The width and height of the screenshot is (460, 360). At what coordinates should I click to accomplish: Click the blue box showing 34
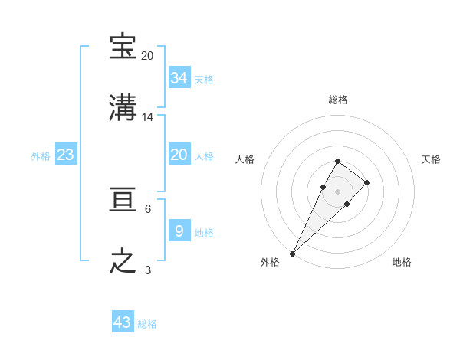(179, 77)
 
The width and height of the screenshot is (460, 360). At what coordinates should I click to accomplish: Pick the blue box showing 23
(65, 155)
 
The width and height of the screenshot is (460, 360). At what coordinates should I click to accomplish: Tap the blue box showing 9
(179, 231)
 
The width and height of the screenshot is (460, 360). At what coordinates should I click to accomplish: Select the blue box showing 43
(123, 322)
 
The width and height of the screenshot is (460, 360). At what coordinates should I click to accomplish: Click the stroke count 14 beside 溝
(148, 117)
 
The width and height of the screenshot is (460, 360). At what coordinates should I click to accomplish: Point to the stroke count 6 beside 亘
(148, 208)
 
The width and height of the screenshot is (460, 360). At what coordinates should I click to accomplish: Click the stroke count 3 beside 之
(148, 270)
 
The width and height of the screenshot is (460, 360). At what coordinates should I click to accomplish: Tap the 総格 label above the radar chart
(337, 100)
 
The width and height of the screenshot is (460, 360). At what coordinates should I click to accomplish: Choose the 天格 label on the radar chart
(431, 159)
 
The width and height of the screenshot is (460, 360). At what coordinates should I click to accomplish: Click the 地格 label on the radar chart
(402, 262)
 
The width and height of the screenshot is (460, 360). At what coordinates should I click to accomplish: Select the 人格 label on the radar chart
(245, 159)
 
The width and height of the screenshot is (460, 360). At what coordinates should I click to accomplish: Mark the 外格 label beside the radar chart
(270, 262)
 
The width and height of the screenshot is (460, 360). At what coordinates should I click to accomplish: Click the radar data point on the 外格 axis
(293, 253)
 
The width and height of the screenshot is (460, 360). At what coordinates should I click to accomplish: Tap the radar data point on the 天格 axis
(367, 182)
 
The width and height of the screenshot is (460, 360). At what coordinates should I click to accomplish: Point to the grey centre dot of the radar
(337, 191)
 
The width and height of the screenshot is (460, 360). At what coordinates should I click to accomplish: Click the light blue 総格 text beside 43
(147, 324)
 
